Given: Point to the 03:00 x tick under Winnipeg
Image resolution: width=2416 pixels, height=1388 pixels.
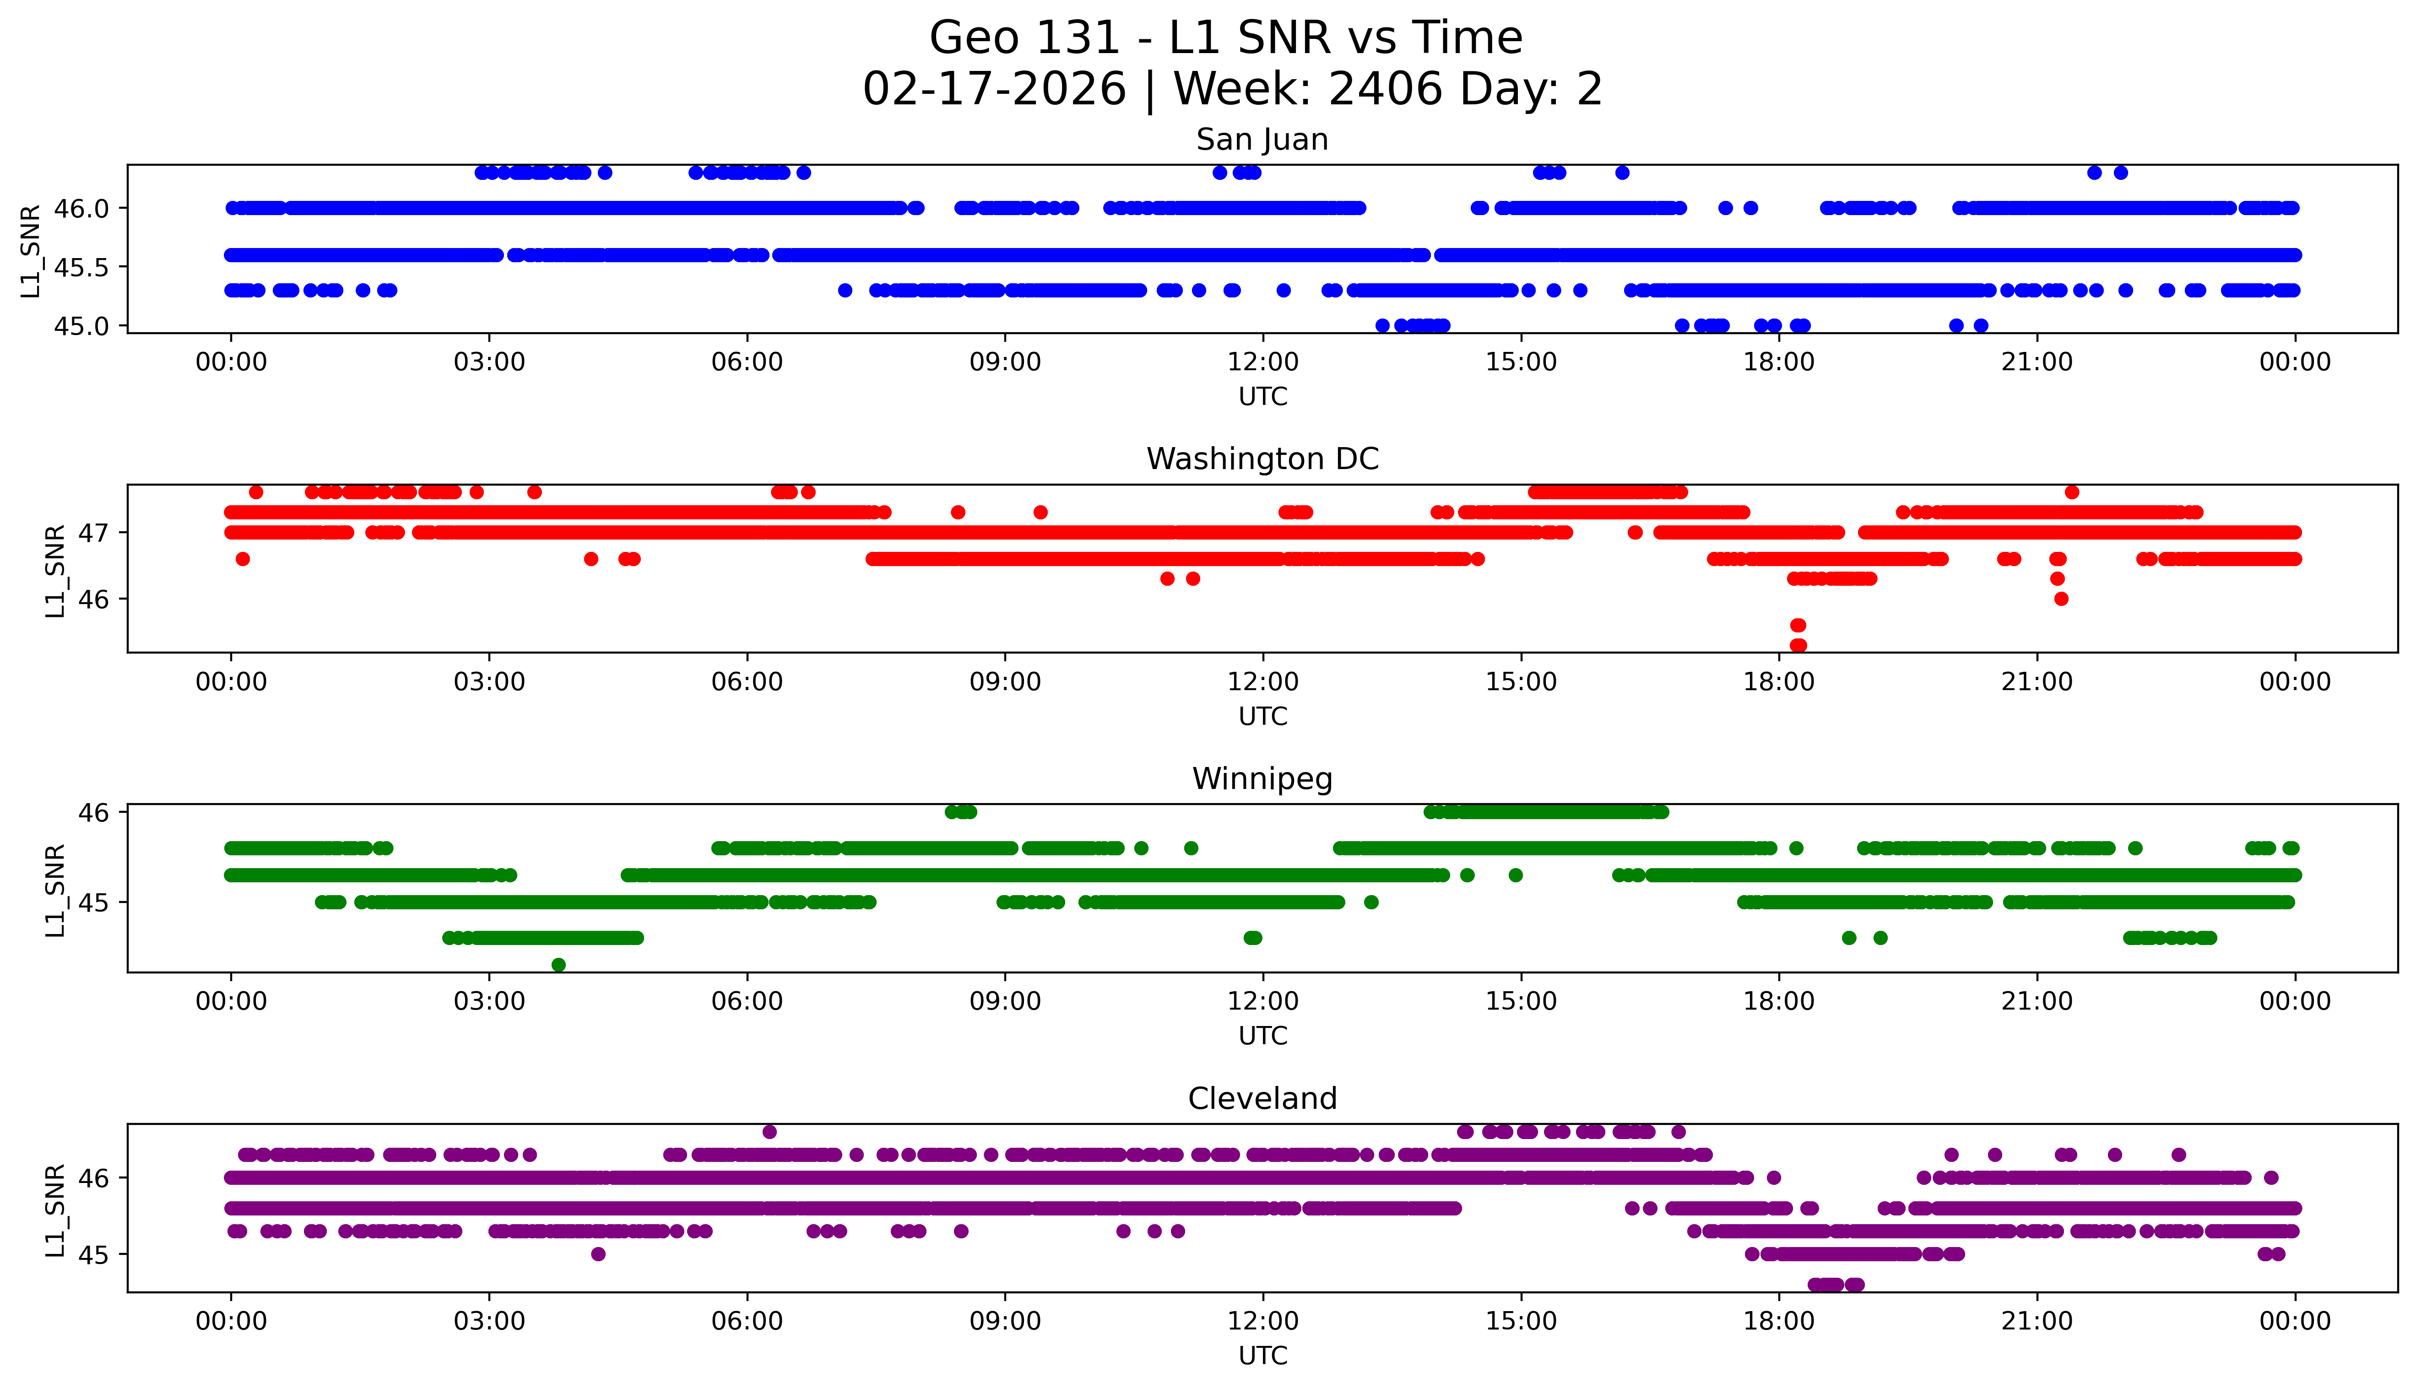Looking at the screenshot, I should click(x=489, y=1001).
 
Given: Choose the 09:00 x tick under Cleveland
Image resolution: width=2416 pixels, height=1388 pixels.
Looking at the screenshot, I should click(x=1005, y=1321).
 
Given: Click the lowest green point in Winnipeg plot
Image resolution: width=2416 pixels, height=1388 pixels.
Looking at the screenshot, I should click(x=559, y=965).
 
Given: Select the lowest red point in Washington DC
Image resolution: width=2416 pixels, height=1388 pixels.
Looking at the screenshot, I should click(x=1798, y=645).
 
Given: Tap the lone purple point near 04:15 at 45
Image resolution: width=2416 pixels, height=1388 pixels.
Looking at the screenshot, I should click(x=598, y=1253).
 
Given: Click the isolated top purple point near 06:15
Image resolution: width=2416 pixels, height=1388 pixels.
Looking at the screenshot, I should click(x=769, y=1132).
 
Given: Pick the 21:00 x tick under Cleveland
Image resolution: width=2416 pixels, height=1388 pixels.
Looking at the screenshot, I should click(x=2037, y=1321).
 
